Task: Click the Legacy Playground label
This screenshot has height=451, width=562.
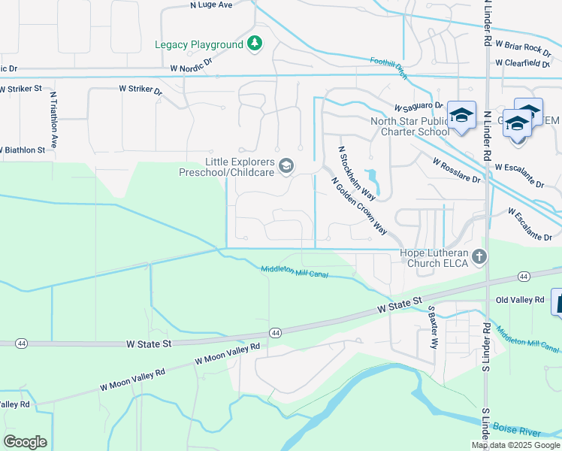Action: click(x=198, y=44)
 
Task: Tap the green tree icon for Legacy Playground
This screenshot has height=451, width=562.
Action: click(x=255, y=44)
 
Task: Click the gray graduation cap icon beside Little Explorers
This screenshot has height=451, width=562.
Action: click(x=286, y=166)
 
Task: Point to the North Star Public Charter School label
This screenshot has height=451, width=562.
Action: click(x=409, y=126)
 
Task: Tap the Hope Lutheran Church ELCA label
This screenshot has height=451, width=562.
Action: click(x=437, y=258)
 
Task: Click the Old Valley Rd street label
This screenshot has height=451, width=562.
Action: click(x=520, y=300)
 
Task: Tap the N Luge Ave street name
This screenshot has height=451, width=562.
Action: click(x=213, y=5)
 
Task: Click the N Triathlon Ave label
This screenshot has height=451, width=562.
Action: click(x=55, y=124)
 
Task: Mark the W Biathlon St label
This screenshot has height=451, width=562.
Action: click(x=23, y=150)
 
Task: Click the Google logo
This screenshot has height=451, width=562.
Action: click(x=25, y=442)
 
